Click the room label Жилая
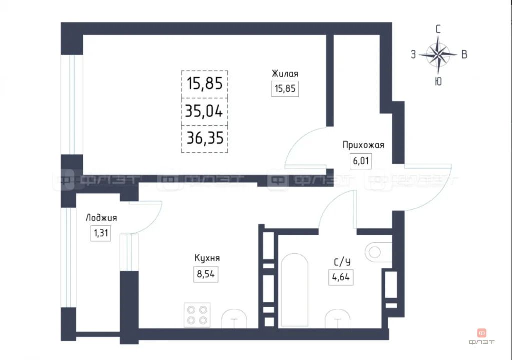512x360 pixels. [285, 74]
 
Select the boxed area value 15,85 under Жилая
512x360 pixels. [285, 90]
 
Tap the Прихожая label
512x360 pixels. [363, 145]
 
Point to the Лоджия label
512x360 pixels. [101, 218]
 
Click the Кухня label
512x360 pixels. [207, 258]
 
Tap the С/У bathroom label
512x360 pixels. [341, 261]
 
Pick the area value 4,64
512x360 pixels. [341, 277]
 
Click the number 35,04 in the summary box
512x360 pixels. [204, 110]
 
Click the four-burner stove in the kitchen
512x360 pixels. [197, 315]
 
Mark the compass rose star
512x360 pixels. [438, 54]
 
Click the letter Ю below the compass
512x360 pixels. [438, 82]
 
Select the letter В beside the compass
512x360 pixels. [464, 55]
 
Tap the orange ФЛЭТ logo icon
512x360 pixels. [482, 332]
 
